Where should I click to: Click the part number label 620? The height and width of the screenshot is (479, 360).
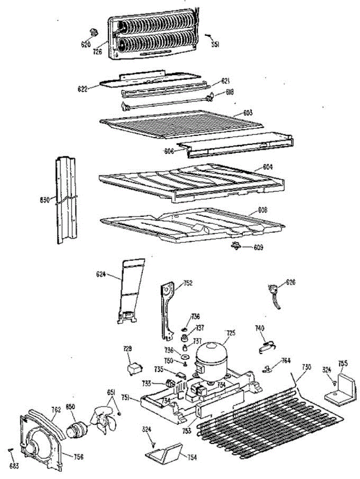[x=86, y=45]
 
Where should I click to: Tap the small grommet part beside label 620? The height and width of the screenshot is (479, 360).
[x=94, y=32]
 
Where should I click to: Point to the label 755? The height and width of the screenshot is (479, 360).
[x=343, y=363]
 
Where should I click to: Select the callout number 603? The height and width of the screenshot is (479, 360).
[x=248, y=113]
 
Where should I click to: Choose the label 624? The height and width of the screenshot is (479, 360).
[x=101, y=274]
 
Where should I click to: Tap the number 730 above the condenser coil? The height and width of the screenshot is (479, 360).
[x=306, y=367]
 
